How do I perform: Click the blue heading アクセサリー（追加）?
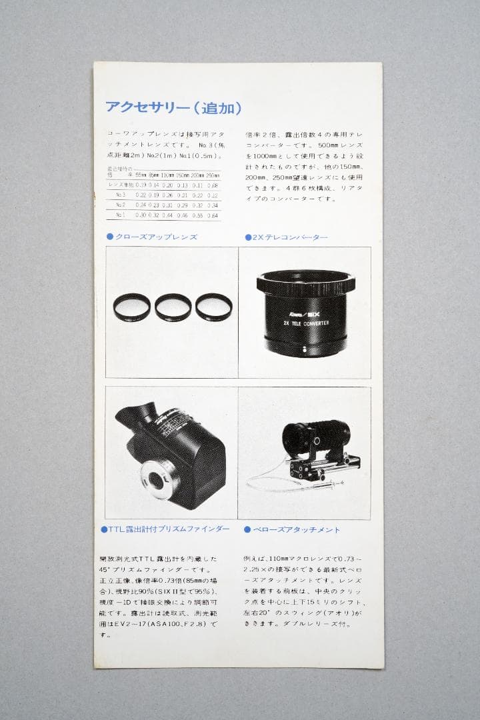pos(173,107)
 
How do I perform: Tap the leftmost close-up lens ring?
pos(132,307)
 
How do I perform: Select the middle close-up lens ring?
pos(173,307)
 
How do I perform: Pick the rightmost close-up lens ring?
pos(213,307)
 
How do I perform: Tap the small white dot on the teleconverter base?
pos(305,348)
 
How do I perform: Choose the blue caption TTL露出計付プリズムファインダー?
pos(168,529)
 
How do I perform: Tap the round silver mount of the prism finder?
pos(157,478)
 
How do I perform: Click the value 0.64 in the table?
pos(212,215)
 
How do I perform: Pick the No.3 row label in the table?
pos(121,195)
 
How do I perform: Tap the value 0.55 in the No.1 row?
pos(197,215)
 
